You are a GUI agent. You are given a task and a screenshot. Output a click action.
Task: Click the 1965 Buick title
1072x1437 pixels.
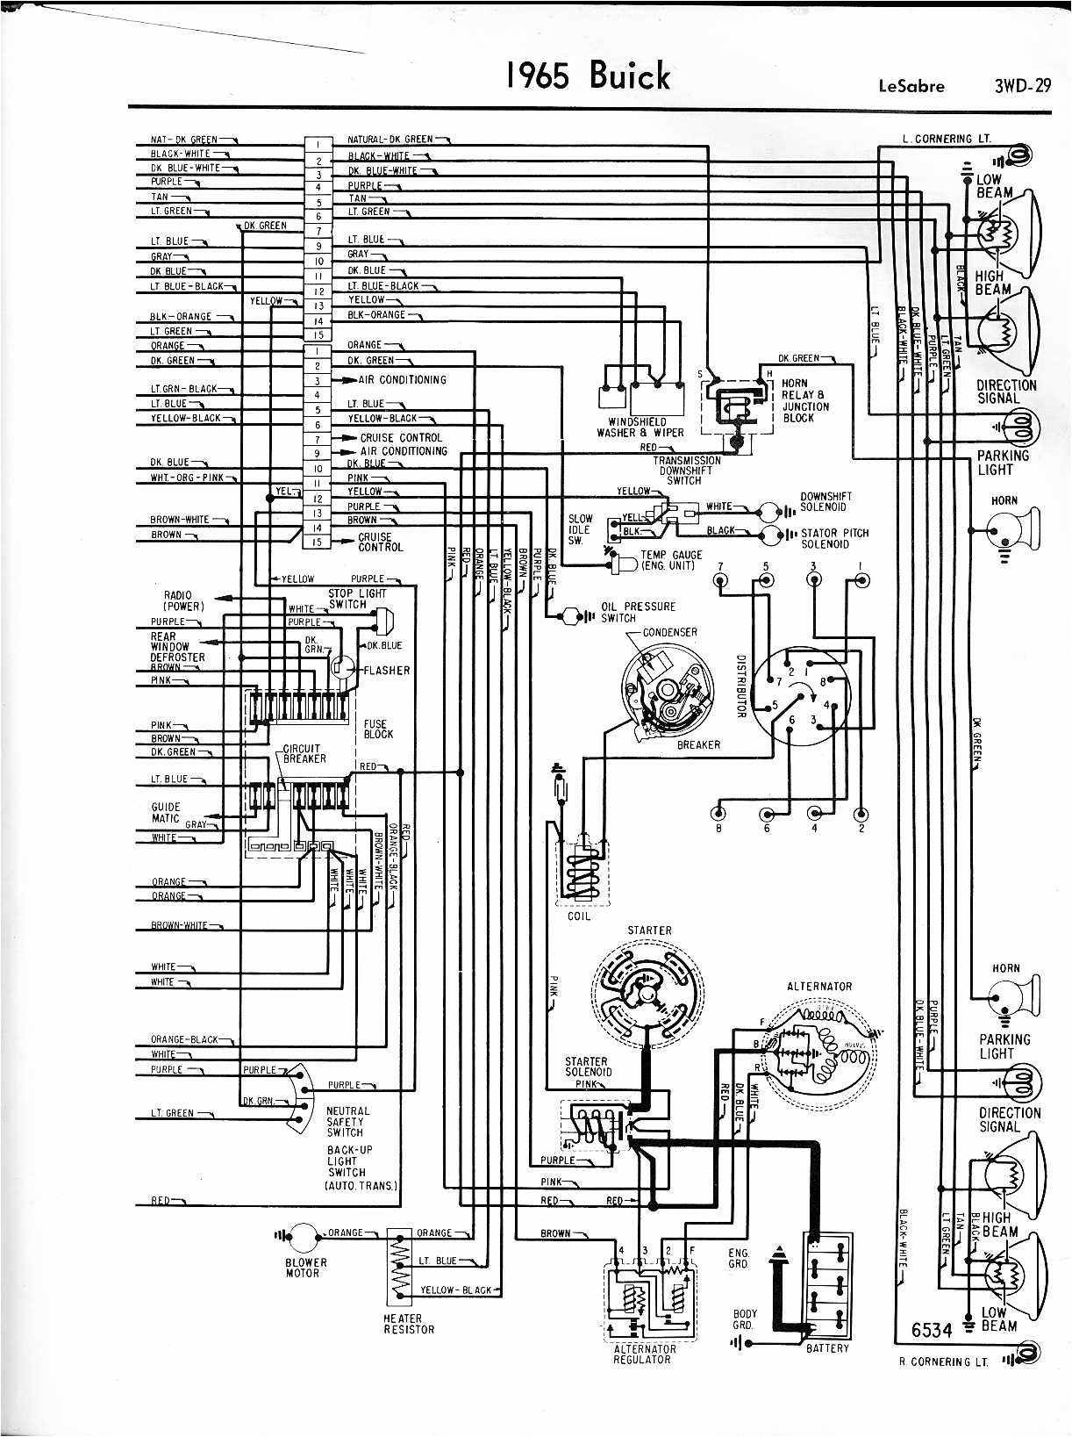click(588, 76)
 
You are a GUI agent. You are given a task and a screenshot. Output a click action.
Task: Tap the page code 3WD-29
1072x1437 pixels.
click(1022, 86)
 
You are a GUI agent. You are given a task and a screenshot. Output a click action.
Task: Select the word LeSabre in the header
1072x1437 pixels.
click(911, 86)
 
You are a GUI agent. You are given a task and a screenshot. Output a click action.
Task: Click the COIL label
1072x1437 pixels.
click(579, 916)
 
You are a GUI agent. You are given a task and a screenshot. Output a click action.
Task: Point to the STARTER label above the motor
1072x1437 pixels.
click(649, 930)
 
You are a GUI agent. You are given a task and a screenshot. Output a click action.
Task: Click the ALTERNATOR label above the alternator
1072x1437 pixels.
click(819, 987)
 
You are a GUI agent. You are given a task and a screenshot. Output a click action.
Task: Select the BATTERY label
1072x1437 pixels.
click(827, 1347)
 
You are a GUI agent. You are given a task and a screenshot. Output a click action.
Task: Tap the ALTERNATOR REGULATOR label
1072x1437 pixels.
click(644, 1354)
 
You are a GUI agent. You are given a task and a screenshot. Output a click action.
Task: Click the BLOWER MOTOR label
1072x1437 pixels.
click(305, 1268)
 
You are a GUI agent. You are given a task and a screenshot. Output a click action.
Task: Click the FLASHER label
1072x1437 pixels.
click(386, 671)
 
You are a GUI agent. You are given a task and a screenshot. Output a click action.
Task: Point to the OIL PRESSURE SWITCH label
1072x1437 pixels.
click(638, 612)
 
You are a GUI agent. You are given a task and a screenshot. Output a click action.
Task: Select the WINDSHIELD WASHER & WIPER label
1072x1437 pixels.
click(640, 428)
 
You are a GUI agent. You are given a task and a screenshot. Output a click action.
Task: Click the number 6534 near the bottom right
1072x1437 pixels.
click(931, 1331)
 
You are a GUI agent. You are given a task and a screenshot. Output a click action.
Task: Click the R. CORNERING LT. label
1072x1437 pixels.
click(943, 1362)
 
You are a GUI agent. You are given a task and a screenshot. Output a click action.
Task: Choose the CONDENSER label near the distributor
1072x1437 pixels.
click(669, 632)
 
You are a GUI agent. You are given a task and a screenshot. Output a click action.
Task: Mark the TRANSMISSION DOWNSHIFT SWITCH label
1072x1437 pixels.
click(686, 470)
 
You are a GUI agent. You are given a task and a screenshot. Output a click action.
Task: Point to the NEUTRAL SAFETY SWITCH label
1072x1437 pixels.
click(347, 1122)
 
